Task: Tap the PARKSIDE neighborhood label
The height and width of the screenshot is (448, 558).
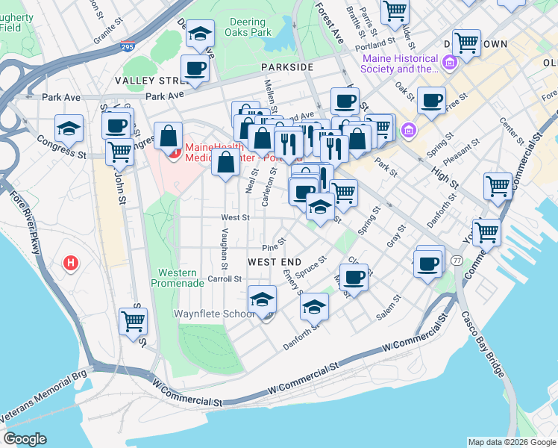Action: click(x=286, y=67)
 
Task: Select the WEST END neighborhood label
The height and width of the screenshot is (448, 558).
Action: click(x=274, y=262)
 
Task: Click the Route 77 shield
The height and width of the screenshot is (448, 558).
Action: click(x=456, y=260)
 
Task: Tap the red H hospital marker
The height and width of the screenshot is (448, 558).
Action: click(x=71, y=263)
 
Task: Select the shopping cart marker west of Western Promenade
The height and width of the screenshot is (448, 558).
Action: click(x=133, y=323)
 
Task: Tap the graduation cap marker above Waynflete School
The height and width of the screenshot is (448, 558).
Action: click(x=262, y=300)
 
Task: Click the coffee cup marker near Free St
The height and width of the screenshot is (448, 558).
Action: click(x=431, y=100)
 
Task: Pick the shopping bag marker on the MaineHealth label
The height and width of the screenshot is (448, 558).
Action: click(x=169, y=137)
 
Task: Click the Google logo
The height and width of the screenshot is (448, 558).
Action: click(x=25, y=439)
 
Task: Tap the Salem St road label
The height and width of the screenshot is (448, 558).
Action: click(x=389, y=308)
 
